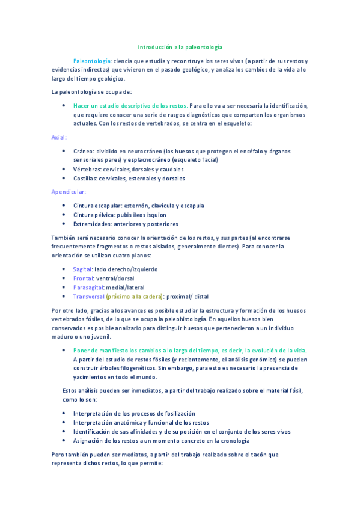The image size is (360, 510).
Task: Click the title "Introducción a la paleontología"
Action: pyautogui.click(x=180, y=46)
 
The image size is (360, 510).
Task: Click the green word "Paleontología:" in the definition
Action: pyautogui.click(x=92, y=61)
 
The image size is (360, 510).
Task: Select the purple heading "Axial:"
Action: pyautogui.click(x=59, y=137)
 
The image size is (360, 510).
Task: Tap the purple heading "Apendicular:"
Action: pyautogui.click(x=69, y=192)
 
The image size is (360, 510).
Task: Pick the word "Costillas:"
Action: pyautogui.click(x=86, y=179)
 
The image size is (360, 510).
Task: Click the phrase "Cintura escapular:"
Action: pyautogui.click(x=96, y=206)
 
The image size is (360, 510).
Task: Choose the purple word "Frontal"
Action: pyautogui.click(x=83, y=278)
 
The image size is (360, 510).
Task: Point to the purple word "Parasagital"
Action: pyautogui.click(x=89, y=287)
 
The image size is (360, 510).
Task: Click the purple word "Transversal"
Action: pyautogui.click(x=88, y=296)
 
